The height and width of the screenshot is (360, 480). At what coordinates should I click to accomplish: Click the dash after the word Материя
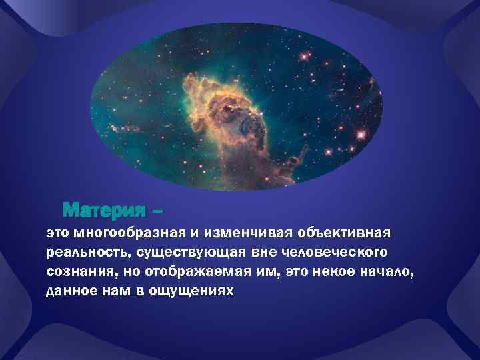tap(157, 212)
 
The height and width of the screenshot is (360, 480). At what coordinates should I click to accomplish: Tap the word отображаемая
tap(190, 273)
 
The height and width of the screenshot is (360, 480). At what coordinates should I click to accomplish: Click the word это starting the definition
tap(58, 235)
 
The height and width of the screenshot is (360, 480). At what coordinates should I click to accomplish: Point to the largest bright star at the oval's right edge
tap(362, 134)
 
